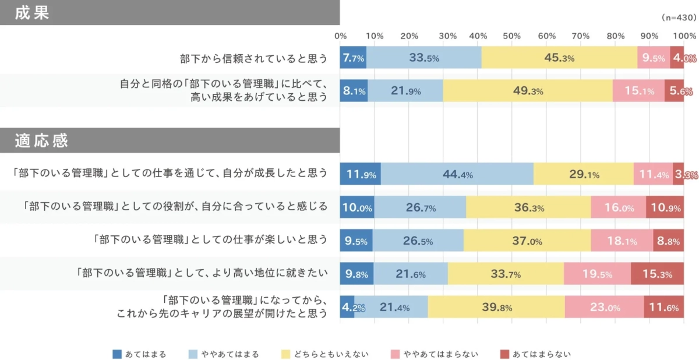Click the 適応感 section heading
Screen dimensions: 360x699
point(41,140)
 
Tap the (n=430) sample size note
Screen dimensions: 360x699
point(679,17)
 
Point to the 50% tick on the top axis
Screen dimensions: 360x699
point(511,36)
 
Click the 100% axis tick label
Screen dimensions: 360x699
point(682,36)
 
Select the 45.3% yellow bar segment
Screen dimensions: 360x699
point(559,58)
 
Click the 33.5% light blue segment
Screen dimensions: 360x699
point(423,58)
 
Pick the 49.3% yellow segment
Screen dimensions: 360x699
point(527,91)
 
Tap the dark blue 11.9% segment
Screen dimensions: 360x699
point(360,174)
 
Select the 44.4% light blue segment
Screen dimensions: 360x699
point(457,174)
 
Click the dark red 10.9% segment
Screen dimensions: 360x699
point(665,207)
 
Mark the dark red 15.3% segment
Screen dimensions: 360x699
point(657,274)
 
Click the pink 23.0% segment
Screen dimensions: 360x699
point(604,307)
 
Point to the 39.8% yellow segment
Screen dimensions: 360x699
point(496,307)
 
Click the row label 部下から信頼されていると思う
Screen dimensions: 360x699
point(253,58)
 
